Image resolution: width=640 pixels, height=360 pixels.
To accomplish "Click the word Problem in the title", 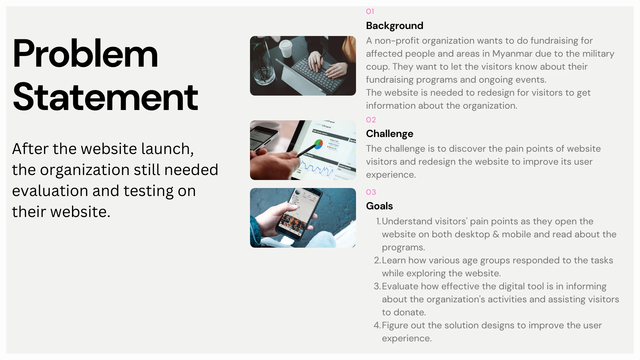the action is coord(85,54).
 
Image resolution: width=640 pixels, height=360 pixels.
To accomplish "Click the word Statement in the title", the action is coord(105,97).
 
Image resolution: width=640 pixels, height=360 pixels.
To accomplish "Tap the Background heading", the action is coord(395,26).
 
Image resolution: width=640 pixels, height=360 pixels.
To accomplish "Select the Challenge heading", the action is coord(390,134).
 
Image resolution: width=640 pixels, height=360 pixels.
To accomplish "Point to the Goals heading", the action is coord(379,206).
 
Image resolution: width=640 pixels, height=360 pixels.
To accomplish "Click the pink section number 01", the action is coord(370,11).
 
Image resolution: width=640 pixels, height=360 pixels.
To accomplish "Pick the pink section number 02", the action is coord(371,120).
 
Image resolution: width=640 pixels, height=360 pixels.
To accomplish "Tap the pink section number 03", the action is coord(371,192).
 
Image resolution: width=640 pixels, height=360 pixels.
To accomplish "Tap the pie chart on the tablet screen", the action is coord(318,144).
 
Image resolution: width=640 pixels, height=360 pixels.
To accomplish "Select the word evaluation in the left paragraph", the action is coord(50,191).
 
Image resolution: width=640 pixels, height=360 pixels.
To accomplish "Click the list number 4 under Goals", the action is coord(377,325).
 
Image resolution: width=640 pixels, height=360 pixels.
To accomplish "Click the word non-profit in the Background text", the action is coord(397,41).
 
